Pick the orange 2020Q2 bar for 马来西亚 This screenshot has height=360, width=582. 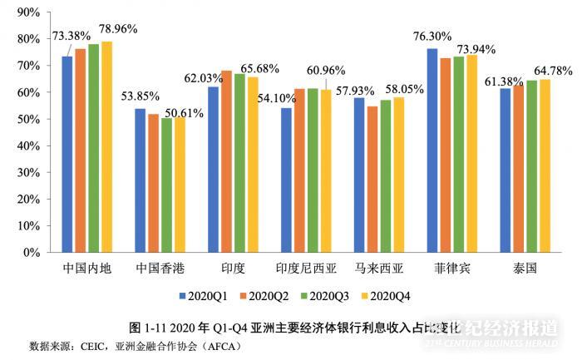[x=372, y=179]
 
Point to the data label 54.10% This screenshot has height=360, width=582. [x=259, y=98]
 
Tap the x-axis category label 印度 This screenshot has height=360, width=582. [x=233, y=269]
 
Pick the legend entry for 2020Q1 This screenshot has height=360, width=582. [x=205, y=295]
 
